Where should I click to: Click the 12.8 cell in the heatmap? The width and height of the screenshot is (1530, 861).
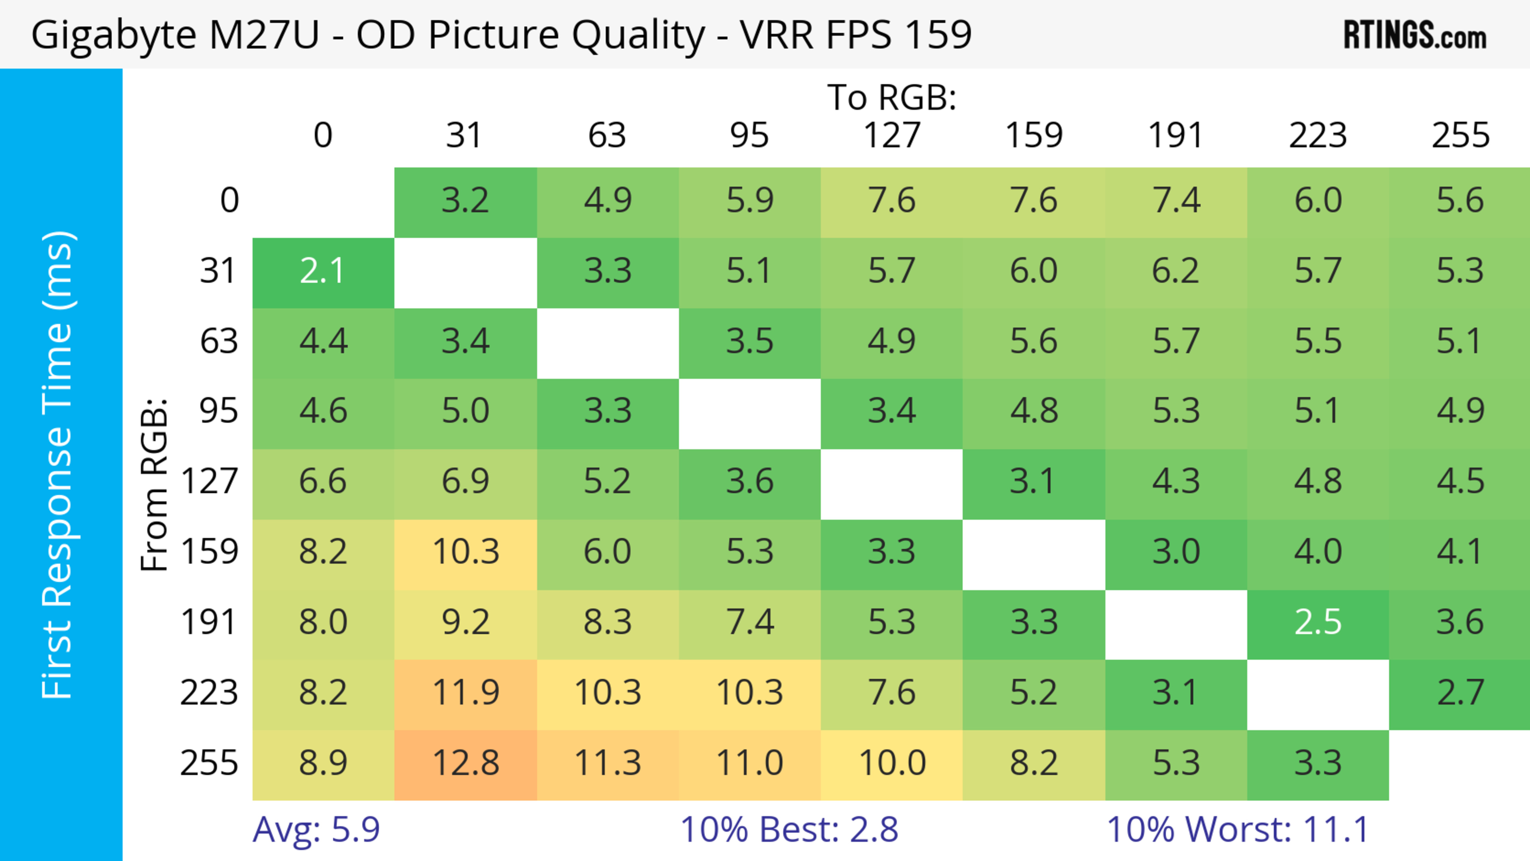(x=466, y=763)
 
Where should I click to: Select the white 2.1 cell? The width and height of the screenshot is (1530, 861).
(x=322, y=271)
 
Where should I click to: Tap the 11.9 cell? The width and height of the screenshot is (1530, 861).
(x=466, y=693)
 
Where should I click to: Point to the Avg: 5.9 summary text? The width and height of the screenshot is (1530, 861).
(x=316, y=829)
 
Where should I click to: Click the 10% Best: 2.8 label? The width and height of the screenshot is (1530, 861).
(x=789, y=829)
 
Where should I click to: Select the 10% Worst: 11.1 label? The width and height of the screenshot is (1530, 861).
(x=1238, y=829)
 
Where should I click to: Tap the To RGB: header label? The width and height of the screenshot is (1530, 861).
(x=892, y=97)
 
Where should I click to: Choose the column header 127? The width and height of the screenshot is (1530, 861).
(x=892, y=135)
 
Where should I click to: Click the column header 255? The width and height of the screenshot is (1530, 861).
(x=1461, y=135)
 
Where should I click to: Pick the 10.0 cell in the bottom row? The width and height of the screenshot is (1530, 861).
(x=892, y=763)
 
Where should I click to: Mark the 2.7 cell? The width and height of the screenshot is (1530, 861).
(x=1461, y=693)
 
